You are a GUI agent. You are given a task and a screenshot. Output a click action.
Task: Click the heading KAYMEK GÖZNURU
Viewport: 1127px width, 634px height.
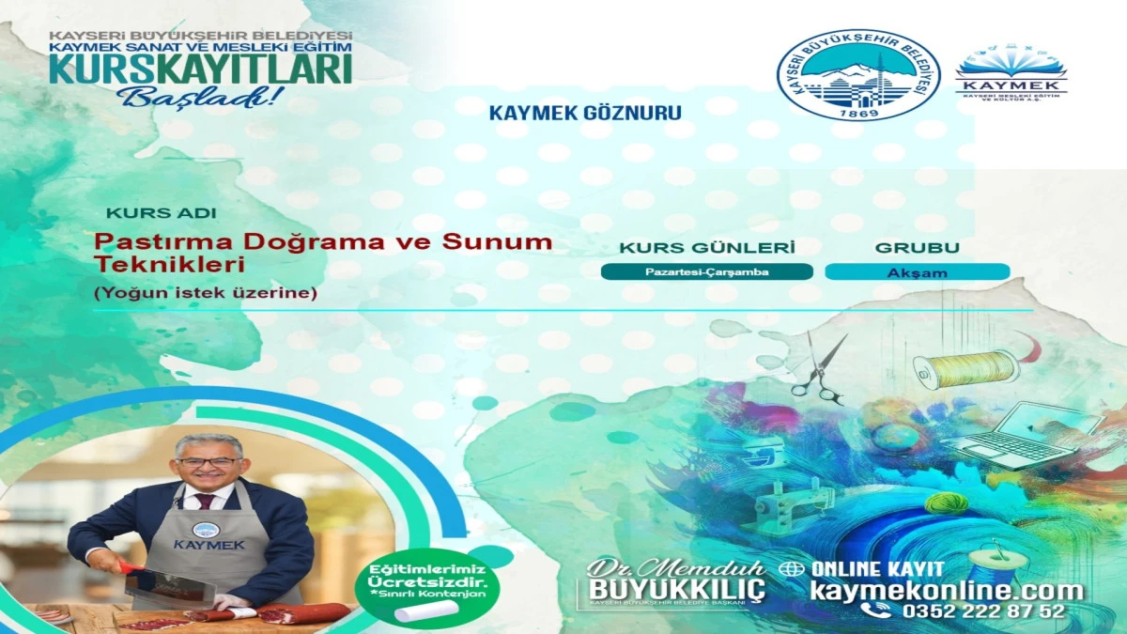[585, 113]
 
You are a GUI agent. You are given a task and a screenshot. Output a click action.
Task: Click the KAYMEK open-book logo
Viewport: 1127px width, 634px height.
[1011, 71]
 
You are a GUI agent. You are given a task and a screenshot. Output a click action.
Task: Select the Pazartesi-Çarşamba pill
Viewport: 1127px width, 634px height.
[706, 272]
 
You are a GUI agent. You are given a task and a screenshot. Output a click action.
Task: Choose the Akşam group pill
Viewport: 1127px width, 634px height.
[917, 272]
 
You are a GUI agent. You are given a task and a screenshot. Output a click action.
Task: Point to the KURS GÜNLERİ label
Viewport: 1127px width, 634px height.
[706, 248]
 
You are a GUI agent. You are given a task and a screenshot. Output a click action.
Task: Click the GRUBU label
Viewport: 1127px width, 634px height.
[917, 248]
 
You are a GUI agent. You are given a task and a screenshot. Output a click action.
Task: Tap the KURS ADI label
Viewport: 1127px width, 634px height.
[161, 213]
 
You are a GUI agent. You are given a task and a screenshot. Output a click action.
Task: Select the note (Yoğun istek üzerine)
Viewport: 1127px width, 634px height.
[206, 293]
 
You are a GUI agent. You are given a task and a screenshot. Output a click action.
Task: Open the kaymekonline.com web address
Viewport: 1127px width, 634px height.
[946, 591]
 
